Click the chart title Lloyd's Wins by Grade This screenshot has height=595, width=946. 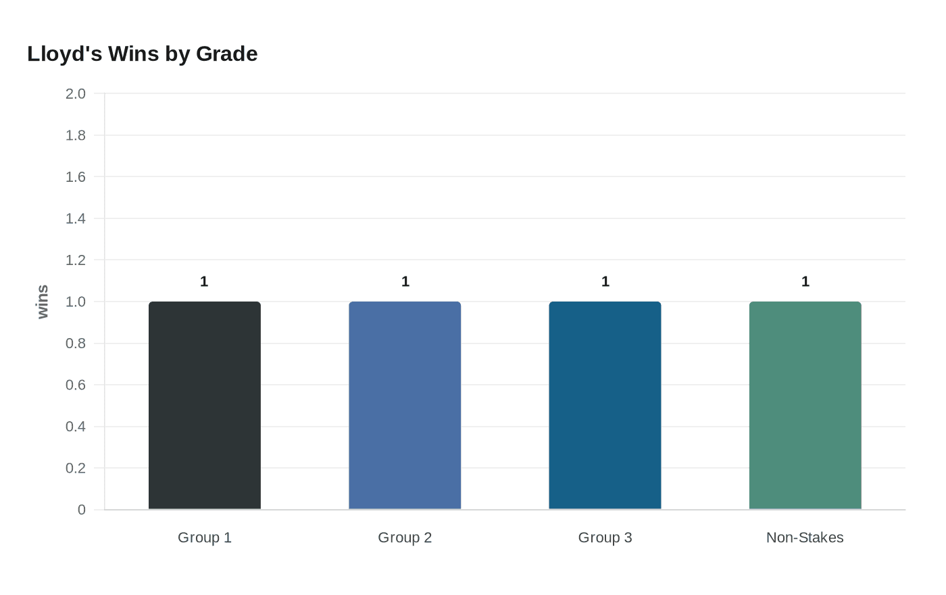click(143, 54)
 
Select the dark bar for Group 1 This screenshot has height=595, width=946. click(205, 406)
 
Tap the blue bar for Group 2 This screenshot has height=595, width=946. click(405, 406)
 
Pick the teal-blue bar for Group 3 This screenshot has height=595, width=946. click(605, 406)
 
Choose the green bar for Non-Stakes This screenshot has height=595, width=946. click(805, 406)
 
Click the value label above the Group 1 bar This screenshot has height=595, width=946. click(204, 282)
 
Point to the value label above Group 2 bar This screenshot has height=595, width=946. click(405, 282)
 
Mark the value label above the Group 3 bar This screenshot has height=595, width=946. click(605, 282)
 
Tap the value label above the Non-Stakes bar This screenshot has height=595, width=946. click(805, 282)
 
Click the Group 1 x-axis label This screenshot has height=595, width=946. click(205, 538)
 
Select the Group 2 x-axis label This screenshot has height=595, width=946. click(405, 538)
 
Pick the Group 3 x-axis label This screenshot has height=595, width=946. click(605, 538)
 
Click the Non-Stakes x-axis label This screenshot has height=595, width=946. click(805, 538)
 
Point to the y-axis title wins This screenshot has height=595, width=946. click(43, 302)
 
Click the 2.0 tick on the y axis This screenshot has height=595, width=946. click(76, 94)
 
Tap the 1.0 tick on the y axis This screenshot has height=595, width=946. click(76, 302)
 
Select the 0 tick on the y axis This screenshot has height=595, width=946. click(82, 510)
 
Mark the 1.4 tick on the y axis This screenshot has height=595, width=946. click(76, 218)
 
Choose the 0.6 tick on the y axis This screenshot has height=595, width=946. click(76, 385)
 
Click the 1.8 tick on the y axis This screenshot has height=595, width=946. click(76, 135)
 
